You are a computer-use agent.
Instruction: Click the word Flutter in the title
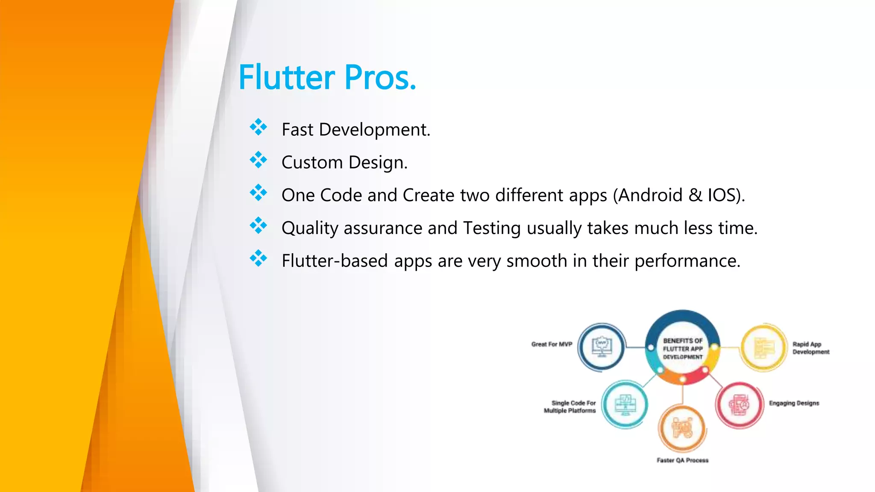click(x=287, y=78)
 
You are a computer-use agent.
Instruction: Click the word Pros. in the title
click(x=380, y=78)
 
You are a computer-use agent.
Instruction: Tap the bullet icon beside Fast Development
click(x=258, y=127)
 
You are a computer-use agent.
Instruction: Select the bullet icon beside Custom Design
click(x=258, y=160)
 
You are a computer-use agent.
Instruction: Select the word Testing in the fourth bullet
click(x=492, y=228)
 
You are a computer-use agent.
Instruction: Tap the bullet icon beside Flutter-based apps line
click(x=258, y=258)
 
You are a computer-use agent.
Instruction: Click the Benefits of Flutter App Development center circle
click(x=682, y=348)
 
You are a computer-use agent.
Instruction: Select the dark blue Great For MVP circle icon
click(x=602, y=347)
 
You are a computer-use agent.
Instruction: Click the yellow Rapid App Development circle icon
click(x=763, y=347)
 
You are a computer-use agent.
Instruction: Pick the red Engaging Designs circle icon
click(x=739, y=404)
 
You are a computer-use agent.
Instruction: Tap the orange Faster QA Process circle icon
click(x=682, y=428)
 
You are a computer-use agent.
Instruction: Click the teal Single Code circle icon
click(x=625, y=404)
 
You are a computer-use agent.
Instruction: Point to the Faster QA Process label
click(x=682, y=460)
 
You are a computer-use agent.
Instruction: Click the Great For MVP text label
click(x=552, y=344)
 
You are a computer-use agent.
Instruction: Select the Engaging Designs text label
click(x=794, y=403)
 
